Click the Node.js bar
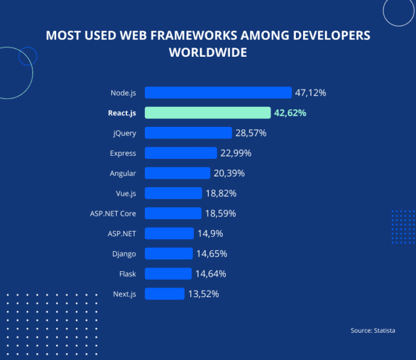coord(218,92)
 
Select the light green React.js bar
coord(208,113)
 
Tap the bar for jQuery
coord(188,133)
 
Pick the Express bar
coord(181,153)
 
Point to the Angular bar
coord(178,173)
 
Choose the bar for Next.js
coord(164,294)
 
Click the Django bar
coord(168,254)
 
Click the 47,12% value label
coord(310,93)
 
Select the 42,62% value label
coord(290,113)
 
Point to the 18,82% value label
coord(220,193)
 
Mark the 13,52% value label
coord(203,294)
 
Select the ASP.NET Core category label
coord(112,213)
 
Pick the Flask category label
coord(127,274)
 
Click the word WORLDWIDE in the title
coord(208,53)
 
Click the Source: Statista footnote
coord(373,330)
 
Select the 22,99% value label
coord(235,153)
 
